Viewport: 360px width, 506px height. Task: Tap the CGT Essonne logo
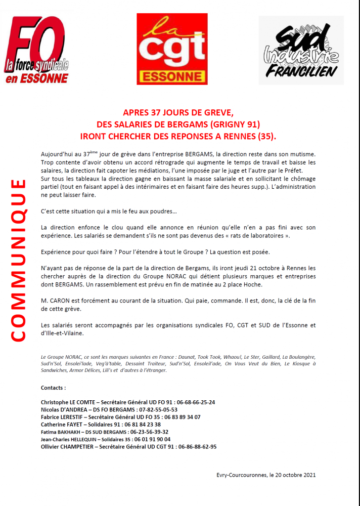pos(172,49)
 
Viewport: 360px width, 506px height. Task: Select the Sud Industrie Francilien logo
pos(301,50)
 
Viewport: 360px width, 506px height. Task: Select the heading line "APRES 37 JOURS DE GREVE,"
pos(179,112)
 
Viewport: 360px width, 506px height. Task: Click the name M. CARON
pos(57,301)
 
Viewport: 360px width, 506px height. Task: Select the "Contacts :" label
pos(53,388)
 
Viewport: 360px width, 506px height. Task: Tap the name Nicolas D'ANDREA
pos(63,410)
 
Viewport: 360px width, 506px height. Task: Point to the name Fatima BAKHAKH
pos(60,432)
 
